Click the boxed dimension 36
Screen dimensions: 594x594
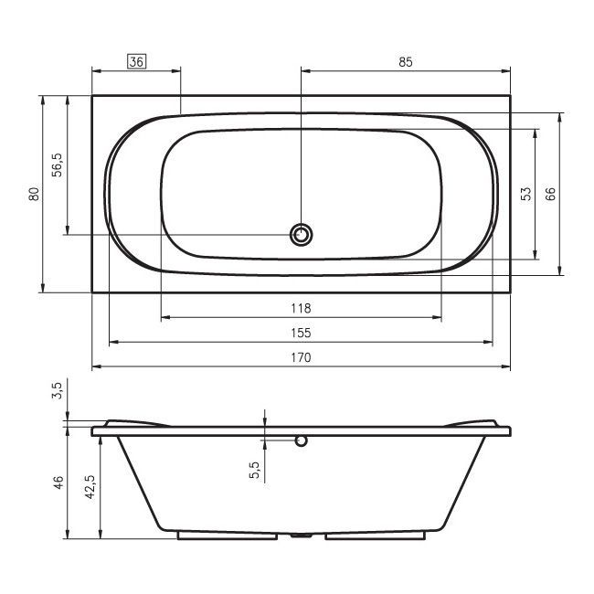[x=136, y=62]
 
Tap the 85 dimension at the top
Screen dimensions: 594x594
[x=406, y=62]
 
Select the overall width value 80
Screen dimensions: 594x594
[x=34, y=194]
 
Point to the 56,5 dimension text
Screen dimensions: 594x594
[x=58, y=164]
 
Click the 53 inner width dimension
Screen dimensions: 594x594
[x=525, y=194]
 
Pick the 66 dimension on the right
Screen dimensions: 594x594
[x=550, y=194]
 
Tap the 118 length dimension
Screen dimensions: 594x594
[x=301, y=308]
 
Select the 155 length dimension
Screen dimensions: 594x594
[x=301, y=333]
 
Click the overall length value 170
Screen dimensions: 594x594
[x=301, y=357]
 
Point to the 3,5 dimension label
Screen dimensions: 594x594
[x=58, y=390]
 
